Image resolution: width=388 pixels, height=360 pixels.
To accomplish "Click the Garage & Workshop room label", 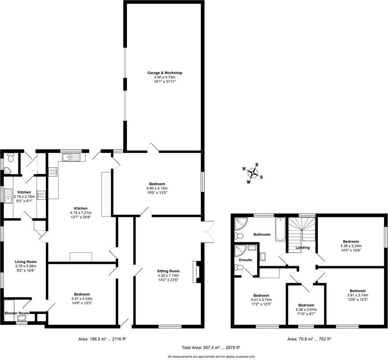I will (164, 73).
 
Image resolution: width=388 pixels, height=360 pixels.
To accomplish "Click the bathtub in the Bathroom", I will (280, 229).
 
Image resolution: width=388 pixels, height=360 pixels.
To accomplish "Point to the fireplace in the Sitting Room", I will (197, 272).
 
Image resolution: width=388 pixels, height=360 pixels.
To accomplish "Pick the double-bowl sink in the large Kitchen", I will (70, 157).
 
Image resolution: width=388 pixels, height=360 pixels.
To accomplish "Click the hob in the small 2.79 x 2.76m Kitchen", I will (41, 195).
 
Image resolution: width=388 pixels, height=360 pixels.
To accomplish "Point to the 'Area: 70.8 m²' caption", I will (309, 339).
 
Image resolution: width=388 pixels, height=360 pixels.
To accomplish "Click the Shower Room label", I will (17, 313).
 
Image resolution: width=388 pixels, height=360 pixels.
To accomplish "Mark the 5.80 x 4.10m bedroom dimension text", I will (157, 188).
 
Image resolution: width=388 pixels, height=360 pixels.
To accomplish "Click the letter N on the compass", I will (244, 169).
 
